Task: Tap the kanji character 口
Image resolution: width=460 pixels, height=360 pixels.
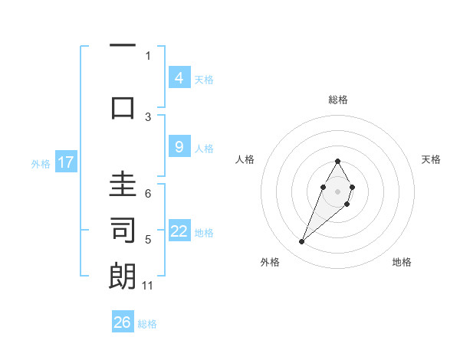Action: [x=123, y=106]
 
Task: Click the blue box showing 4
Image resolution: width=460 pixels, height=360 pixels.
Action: [x=179, y=78]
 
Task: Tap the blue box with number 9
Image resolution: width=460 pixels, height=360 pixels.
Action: [x=179, y=148]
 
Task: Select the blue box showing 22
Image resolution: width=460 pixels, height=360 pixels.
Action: [x=179, y=232]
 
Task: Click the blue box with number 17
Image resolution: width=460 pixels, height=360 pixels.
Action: [x=66, y=162]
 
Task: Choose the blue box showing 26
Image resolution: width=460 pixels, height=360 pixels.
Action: [x=123, y=322]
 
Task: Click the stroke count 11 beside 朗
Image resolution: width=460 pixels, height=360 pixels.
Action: [x=148, y=286]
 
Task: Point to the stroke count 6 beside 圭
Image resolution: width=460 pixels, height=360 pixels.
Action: [x=148, y=194]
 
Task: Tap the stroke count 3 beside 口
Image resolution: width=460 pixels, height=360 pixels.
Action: [x=148, y=116]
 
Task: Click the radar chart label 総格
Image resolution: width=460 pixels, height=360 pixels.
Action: [x=338, y=100]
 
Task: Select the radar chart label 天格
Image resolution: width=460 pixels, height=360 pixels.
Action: [x=432, y=159]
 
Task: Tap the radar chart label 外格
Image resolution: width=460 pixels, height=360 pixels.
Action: [x=270, y=262]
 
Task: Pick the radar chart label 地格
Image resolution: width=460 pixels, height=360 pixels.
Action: [x=402, y=262]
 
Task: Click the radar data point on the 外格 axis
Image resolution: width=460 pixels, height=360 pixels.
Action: [x=301, y=242]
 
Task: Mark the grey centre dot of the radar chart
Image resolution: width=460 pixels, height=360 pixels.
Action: [x=337, y=191]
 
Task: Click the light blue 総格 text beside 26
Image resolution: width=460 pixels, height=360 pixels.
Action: [x=147, y=324]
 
